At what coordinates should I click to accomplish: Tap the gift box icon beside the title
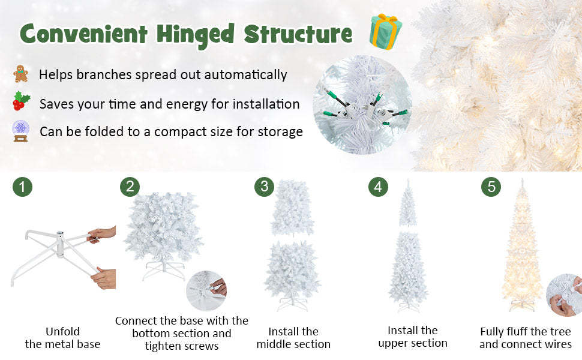point(385,31)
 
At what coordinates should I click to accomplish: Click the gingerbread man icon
point(21,74)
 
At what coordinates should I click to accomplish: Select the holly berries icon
point(21,101)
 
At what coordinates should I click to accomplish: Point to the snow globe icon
point(21,131)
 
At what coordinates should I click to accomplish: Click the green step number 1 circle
point(22,187)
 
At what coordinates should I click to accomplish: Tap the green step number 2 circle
point(129,187)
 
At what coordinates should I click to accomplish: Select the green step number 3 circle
point(264,187)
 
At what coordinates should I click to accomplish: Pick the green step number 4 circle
point(377,187)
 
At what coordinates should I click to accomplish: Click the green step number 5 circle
point(491,187)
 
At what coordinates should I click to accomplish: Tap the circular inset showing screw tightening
point(206,291)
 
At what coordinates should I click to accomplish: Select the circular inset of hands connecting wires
point(565,295)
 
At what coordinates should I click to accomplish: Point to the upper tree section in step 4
point(408,204)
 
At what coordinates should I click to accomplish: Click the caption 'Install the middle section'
point(293,338)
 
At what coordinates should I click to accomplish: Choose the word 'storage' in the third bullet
point(278,131)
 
